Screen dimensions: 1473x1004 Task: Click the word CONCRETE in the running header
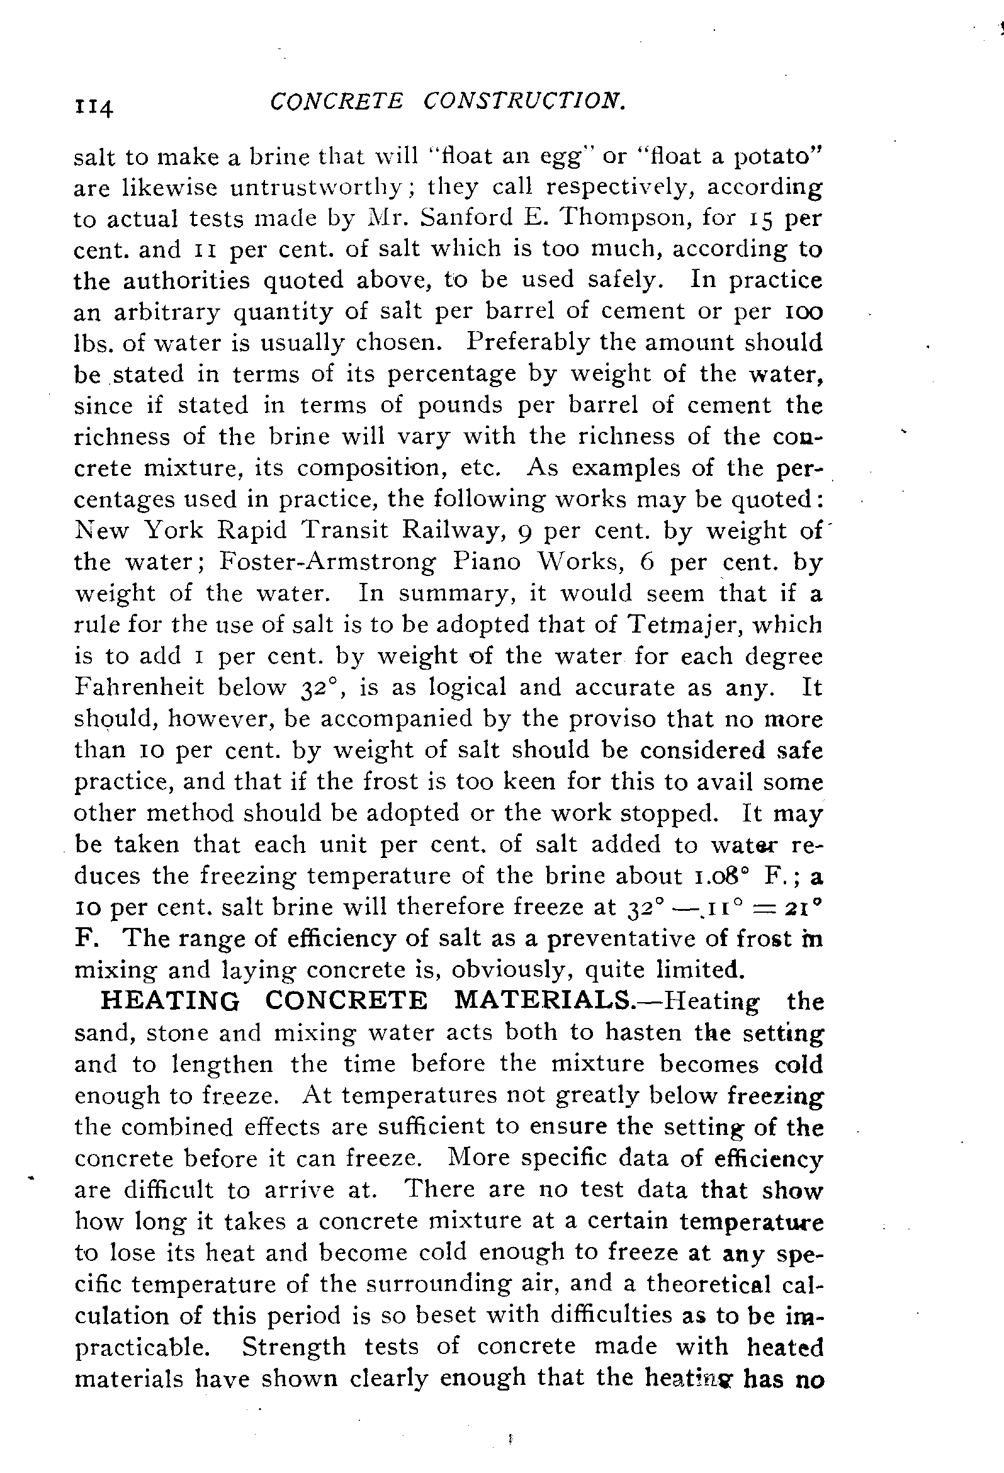[336, 101]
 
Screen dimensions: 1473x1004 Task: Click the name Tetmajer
[688, 625]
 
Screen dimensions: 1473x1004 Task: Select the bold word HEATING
[171, 1002]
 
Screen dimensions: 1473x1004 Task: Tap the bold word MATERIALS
[543, 1002]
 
